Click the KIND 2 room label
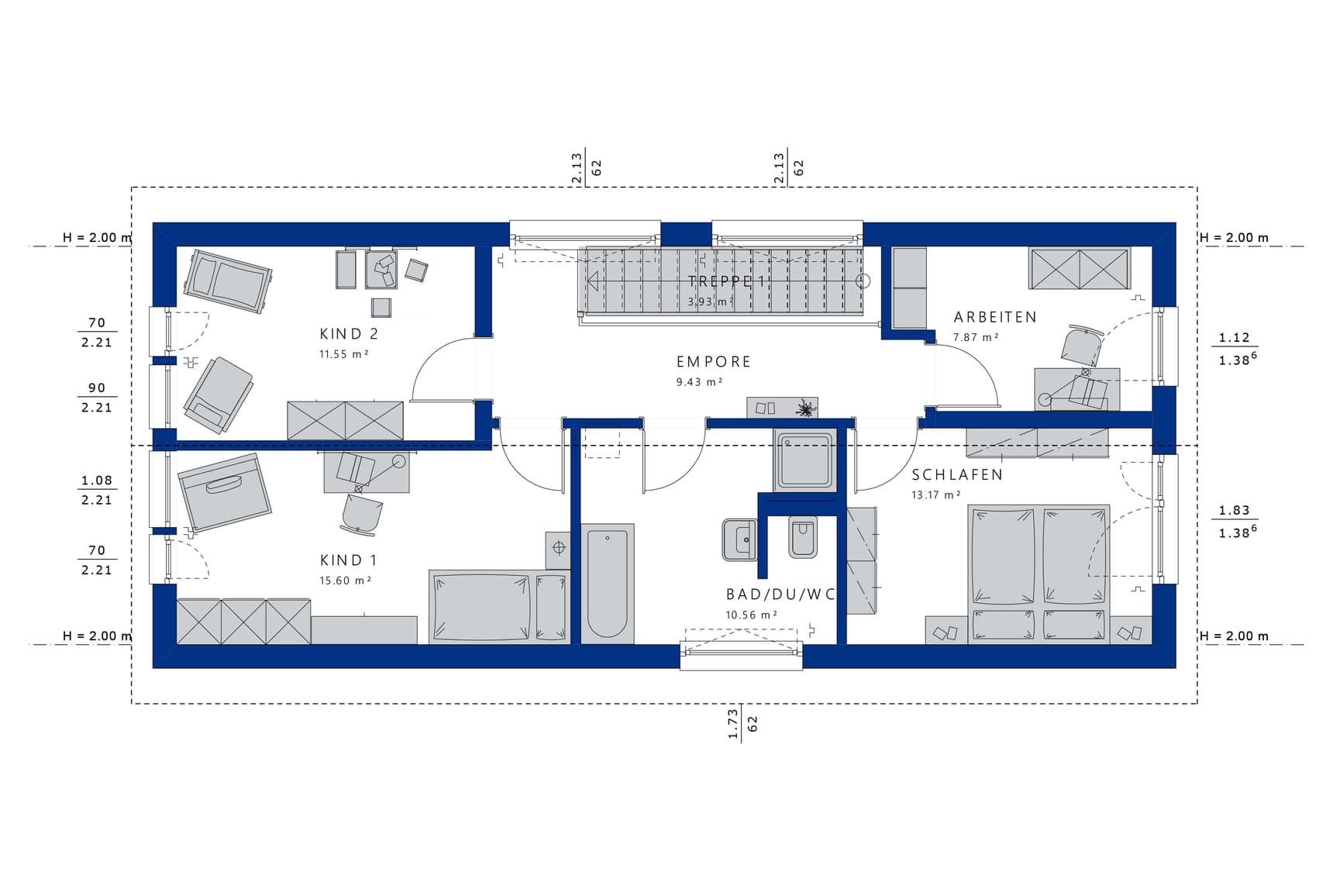point(349,334)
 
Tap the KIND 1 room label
point(348,560)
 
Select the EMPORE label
point(714,362)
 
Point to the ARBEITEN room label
point(995,317)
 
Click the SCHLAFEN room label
point(957,474)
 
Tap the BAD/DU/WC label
point(780,594)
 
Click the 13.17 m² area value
point(935,494)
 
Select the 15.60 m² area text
point(345,580)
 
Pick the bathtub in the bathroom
point(608,584)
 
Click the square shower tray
point(806,460)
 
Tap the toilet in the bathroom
point(803,536)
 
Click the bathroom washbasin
point(739,539)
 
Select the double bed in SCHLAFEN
point(1038,574)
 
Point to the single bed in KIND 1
point(499,607)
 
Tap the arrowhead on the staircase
point(592,281)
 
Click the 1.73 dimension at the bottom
point(732,724)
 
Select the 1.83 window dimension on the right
point(1234,510)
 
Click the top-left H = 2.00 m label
point(97,238)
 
